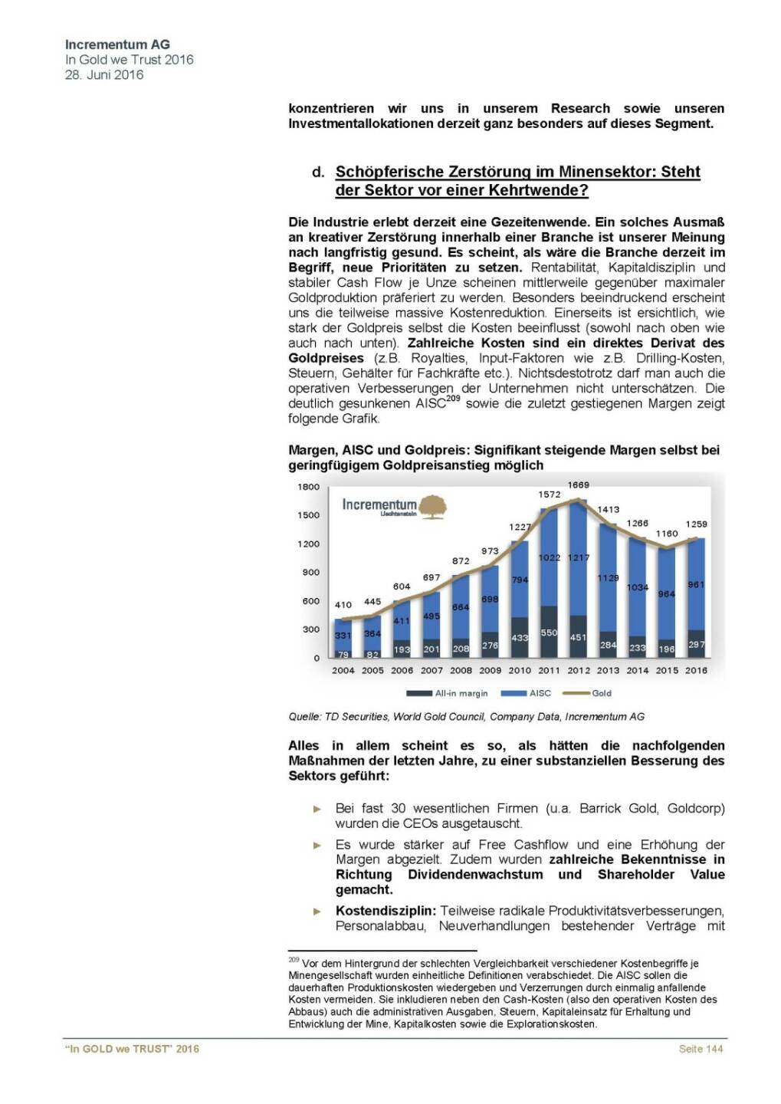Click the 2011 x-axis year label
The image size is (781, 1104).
pyautogui.click(x=549, y=670)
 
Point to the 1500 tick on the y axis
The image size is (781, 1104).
pyautogui.click(x=309, y=515)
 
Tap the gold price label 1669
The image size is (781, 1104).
pyautogui.click(x=578, y=485)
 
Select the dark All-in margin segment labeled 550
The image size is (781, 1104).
pyautogui.click(x=549, y=632)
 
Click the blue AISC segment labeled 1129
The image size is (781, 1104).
pyautogui.click(x=608, y=578)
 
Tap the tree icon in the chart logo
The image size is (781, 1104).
pyautogui.click(x=433, y=506)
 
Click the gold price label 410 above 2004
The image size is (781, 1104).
pyautogui.click(x=343, y=605)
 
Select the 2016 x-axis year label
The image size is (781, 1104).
pyautogui.click(x=696, y=670)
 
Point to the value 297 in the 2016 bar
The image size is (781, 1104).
pyautogui.click(x=696, y=645)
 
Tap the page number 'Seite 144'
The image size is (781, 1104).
pyautogui.click(x=701, y=1049)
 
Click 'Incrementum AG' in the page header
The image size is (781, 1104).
pyautogui.click(x=117, y=44)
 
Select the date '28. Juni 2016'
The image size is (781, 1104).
pyautogui.click(x=104, y=74)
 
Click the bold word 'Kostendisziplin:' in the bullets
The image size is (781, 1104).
pyautogui.click(x=386, y=911)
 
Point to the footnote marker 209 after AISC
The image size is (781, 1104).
pyautogui.click(x=453, y=399)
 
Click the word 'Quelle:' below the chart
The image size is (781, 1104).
pyautogui.click(x=304, y=717)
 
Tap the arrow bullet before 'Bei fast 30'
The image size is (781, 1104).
pyautogui.click(x=317, y=809)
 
